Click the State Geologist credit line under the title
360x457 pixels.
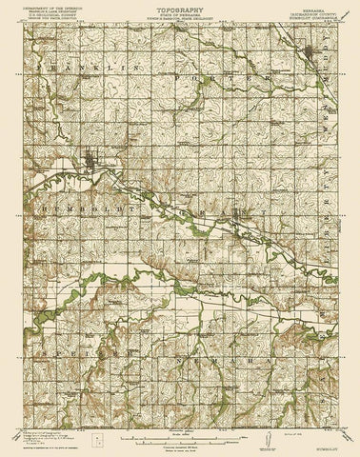[x=179, y=27]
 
